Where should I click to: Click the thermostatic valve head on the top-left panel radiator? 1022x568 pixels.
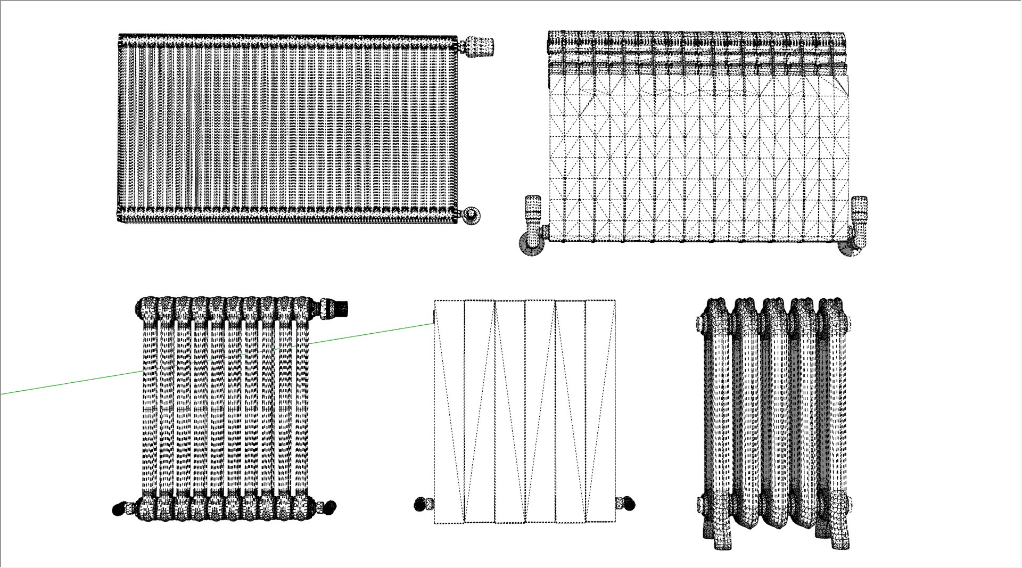pyautogui.click(x=479, y=46)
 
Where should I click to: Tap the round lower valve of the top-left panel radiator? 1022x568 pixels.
pyautogui.click(x=471, y=215)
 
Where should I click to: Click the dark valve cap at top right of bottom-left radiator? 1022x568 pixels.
pyautogui.click(x=340, y=308)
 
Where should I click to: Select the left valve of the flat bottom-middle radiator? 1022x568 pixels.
pyautogui.click(x=422, y=504)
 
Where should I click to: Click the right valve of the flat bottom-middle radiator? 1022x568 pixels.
pyautogui.click(x=627, y=503)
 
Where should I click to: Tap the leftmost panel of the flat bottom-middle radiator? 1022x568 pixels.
pyautogui.click(x=449, y=410)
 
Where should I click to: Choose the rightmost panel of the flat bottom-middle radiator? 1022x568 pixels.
pyautogui.click(x=600, y=410)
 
